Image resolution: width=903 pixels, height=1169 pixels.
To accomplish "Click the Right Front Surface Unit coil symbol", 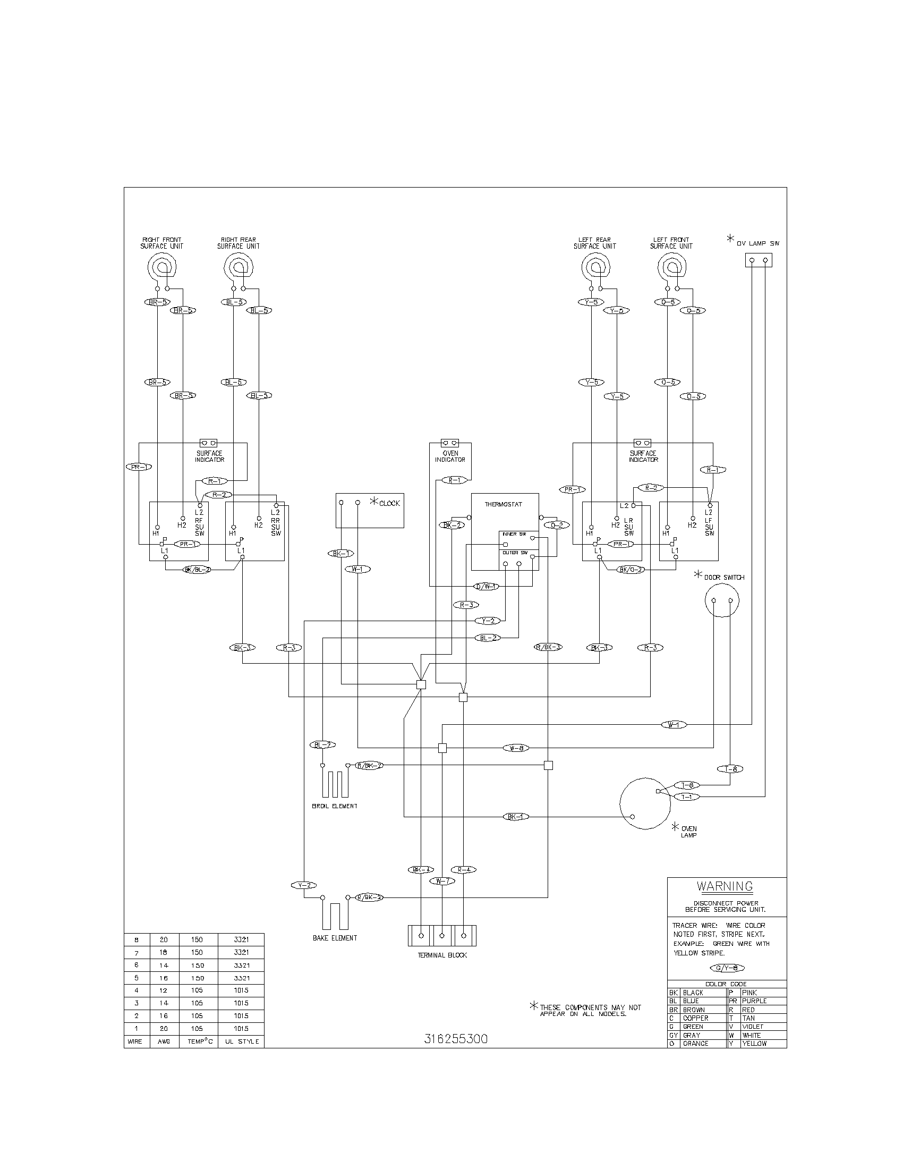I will click(162, 265).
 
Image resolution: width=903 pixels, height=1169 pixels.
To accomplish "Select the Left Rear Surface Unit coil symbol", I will click(595, 265).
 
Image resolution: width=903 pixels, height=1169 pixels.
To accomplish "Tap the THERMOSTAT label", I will click(503, 504).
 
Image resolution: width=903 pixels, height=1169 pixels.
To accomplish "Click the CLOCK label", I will click(389, 503).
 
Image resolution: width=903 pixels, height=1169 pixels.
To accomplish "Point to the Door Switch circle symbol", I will click(722, 600).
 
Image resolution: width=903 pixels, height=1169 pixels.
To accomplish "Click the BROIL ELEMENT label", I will click(334, 806).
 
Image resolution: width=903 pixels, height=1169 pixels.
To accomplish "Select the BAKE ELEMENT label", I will click(335, 938).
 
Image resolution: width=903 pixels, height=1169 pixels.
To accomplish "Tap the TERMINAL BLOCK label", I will click(442, 955).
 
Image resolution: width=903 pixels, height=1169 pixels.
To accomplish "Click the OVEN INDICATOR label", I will click(450, 456).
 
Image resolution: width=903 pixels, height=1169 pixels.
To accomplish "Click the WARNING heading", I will click(725, 886).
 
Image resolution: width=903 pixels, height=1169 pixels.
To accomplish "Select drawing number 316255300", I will click(456, 1039).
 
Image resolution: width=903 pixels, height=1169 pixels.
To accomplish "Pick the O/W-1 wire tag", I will click(486, 586).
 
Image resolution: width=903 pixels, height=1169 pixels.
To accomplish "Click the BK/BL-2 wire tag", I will click(197, 570).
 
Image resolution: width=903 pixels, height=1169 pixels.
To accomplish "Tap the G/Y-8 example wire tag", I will click(727, 968).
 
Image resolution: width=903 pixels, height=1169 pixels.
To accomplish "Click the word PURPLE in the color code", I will click(754, 1001).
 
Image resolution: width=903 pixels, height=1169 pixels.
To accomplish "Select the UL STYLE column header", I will click(242, 1041).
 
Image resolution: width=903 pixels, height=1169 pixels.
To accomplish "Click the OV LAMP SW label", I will click(757, 243).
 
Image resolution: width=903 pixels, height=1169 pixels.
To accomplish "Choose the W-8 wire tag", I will click(516, 748).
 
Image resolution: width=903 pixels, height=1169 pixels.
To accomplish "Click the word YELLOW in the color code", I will click(754, 1044).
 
